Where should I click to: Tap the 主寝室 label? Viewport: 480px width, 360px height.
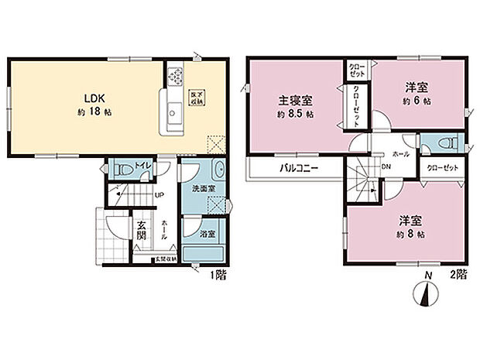[x=295, y=101]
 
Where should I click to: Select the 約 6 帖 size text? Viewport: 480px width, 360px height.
[x=417, y=101]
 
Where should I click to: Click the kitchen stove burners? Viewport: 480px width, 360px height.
[x=174, y=77]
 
